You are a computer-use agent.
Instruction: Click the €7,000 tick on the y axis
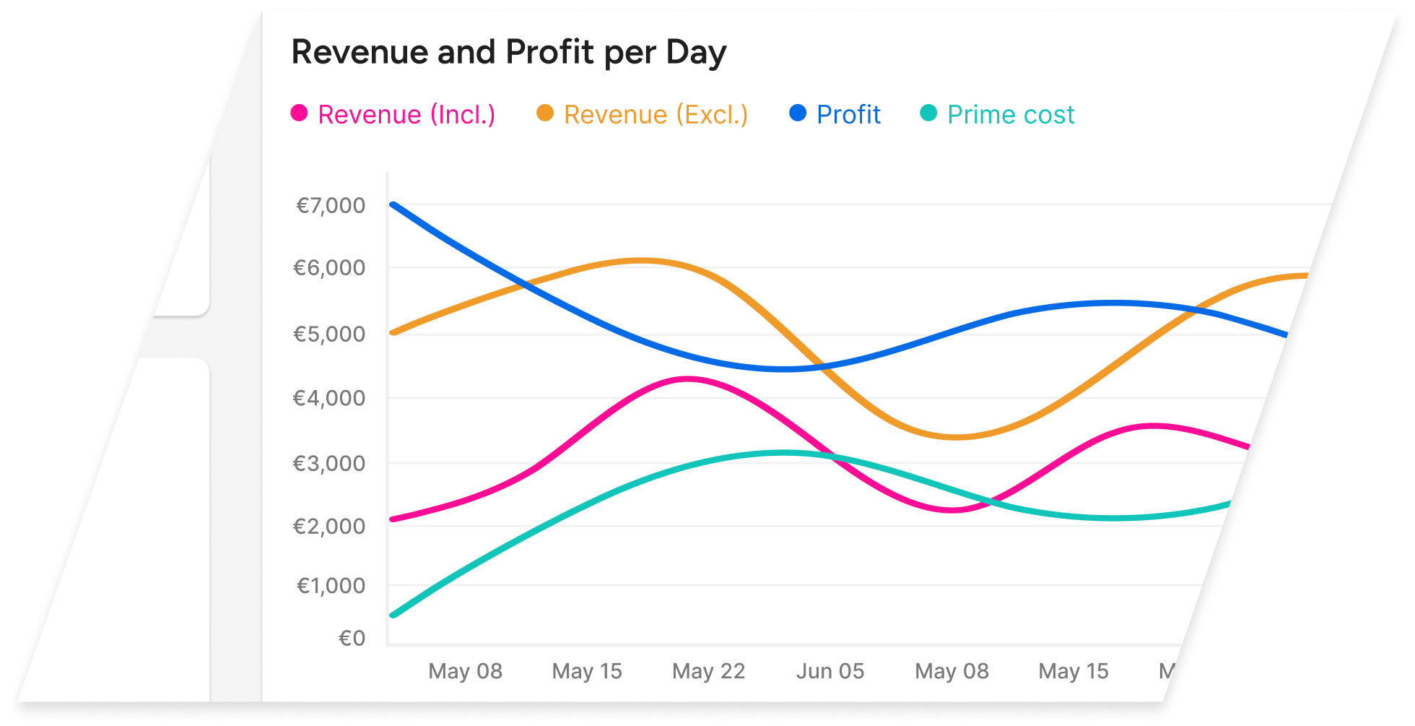pyautogui.click(x=331, y=206)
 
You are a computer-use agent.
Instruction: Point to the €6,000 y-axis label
pyautogui.click(x=329, y=268)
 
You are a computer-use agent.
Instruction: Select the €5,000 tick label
pyautogui.click(x=329, y=334)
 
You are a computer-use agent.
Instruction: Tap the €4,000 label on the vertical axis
pyautogui.click(x=329, y=398)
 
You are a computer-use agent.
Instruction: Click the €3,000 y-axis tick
pyautogui.click(x=329, y=463)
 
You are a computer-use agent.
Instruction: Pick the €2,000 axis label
pyautogui.click(x=329, y=526)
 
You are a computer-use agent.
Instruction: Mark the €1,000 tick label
pyautogui.click(x=331, y=585)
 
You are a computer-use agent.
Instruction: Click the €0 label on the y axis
pyautogui.click(x=352, y=639)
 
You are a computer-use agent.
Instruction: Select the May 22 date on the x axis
pyautogui.click(x=708, y=671)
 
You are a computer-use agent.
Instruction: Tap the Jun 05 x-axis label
pyautogui.click(x=830, y=671)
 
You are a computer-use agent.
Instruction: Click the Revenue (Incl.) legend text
pyautogui.click(x=406, y=115)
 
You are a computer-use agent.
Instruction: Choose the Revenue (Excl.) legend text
pyautogui.click(x=656, y=115)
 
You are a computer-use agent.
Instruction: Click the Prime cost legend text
pyautogui.click(x=1011, y=115)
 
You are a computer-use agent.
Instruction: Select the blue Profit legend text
pyautogui.click(x=848, y=115)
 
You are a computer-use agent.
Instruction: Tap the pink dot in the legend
pyautogui.click(x=299, y=113)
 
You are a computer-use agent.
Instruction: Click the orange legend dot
pyautogui.click(x=545, y=113)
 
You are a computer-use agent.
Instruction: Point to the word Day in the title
pyautogui.click(x=696, y=53)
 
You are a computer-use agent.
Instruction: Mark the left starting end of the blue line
pyautogui.click(x=393, y=204)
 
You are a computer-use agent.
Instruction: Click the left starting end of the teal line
pyautogui.click(x=393, y=615)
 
